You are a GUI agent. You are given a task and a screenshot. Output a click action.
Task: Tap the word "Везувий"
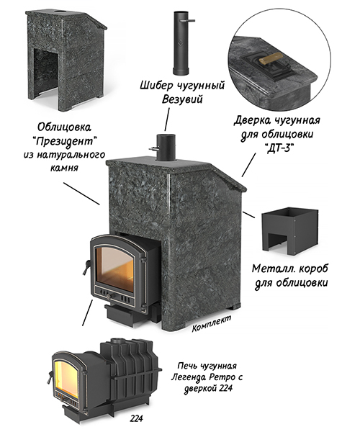coord(182,99)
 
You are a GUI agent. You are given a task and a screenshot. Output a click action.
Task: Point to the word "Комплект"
coord(212,323)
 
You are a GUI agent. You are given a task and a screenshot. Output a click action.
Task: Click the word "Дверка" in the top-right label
coord(252,121)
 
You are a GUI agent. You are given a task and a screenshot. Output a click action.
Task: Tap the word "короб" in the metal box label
coord(313,269)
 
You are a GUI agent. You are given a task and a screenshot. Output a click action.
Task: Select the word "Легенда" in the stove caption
coord(189,377)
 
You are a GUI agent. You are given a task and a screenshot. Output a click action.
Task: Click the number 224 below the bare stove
coord(137,418)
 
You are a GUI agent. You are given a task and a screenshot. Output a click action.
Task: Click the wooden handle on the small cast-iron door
coord(271,58)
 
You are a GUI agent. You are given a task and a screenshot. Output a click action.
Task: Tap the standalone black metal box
coord(289,231)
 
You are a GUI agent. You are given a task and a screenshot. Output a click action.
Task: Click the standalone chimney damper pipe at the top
coord(181,43)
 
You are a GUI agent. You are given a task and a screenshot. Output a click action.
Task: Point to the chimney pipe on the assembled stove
coord(165,148)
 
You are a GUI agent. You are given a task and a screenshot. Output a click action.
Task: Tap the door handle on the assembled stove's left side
coord(86,266)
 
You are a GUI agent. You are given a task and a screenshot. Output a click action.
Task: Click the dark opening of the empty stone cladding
coord(46,73)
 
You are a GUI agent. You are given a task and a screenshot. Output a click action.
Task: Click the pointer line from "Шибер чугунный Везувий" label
coord(167,120)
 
